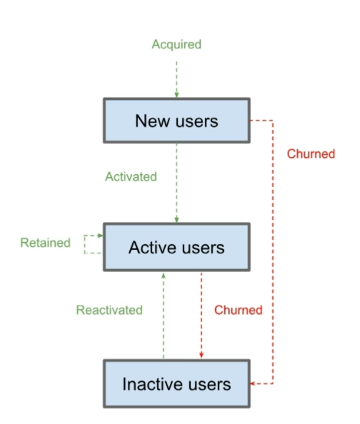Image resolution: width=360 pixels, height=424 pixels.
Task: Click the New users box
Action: tap(176, 121)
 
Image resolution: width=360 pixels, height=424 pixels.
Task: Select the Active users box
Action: tap(176, 247)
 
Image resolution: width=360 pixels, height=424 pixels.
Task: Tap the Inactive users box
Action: tap(176, 384)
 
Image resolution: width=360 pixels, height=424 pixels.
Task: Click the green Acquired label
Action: tap(176, 45)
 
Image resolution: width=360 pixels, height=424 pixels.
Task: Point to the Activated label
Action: tap(131, 177)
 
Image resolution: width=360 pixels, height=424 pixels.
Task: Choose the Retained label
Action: tap(46, 243)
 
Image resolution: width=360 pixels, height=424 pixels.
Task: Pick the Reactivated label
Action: tap(109, 311)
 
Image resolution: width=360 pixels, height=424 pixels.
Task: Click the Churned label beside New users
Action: tap(311, 154)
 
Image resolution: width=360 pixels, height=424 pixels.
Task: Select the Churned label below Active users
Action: tap(239, 311)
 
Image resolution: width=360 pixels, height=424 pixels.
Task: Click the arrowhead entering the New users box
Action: tap(176, 95)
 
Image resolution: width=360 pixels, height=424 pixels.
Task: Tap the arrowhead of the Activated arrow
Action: tap(176, 220)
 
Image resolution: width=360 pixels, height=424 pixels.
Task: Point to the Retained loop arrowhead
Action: tap(101, 236)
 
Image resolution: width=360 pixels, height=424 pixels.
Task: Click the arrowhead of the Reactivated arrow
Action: tap(164, 276)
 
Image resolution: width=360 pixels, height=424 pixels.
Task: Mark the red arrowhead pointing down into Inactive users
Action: tap(201, 355)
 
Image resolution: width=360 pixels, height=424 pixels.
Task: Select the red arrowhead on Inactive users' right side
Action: tap(252, 383)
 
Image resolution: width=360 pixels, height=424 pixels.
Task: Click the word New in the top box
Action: tap(152, 121)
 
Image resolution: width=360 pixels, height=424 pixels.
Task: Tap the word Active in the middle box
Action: tap(150, 248)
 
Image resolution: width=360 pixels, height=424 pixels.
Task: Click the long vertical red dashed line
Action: tap(273, 252)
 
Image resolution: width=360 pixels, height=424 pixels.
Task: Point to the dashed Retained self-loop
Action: tap(84, 244)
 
